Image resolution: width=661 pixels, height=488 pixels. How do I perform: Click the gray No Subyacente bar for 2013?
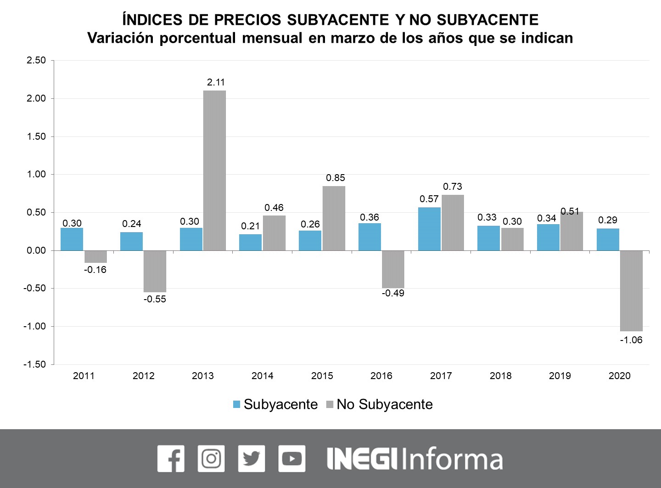(214, 170)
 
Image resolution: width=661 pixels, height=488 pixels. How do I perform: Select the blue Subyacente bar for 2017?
(429, 229)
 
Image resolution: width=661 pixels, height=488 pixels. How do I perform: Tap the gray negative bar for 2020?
(631, 290)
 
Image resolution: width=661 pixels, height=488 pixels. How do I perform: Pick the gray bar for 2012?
(155, 271)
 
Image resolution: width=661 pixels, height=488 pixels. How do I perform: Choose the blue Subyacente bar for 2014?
(251, 243)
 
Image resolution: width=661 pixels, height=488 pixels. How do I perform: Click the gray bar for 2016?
(393, 269)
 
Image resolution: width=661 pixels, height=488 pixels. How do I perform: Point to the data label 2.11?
(216, 82)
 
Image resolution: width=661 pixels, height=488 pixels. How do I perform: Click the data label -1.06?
(631, 340)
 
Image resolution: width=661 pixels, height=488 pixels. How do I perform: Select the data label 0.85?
(335, 178)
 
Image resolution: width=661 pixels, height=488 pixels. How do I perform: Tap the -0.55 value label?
(155, 299)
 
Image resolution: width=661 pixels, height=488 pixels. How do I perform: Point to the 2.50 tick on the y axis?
(37, 60)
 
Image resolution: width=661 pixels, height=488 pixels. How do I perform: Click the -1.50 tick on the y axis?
(35, 364)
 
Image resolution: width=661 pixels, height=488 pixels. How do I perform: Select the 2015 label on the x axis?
(322, 376)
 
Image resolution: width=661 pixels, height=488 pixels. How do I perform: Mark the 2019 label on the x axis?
(560, 376)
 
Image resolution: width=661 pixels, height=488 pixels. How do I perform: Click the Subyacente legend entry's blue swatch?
(237, 404)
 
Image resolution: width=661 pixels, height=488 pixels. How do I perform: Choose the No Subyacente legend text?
(384, 404)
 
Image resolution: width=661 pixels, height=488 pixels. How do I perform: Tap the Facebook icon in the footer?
(171, 459)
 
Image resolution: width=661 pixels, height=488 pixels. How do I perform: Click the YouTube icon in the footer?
(291, 459)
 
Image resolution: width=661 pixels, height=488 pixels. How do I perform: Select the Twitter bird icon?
(252, 459)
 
